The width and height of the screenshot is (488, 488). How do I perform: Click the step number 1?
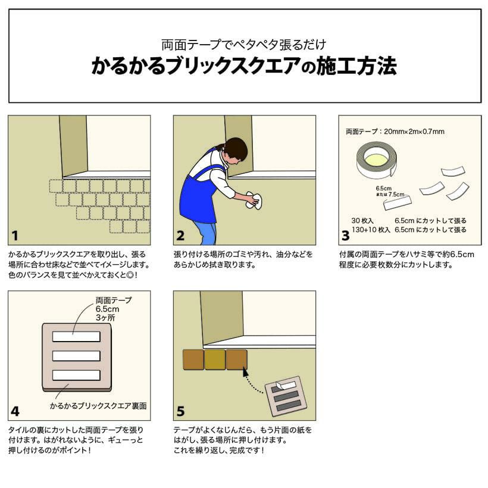coord(15,236)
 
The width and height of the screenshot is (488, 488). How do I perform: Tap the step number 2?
coord(180,236)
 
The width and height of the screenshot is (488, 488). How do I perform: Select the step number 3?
coord(345,236)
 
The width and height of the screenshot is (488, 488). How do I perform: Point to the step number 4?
coord(15,411)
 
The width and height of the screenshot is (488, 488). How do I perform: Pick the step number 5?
coord(180,411)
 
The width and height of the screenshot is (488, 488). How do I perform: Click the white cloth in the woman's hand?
coord(254,201)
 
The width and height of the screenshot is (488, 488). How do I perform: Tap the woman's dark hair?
coord(236,149)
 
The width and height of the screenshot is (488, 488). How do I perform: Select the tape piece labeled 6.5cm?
coord(398,202)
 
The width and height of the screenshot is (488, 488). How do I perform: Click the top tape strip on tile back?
coord(76,336)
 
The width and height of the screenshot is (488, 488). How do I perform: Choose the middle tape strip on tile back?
coord(76,356)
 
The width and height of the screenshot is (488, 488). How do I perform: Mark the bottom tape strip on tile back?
coord(76,375)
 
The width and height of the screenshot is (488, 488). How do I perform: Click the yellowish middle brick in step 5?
coord(215,359)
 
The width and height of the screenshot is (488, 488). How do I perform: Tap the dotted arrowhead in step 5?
coord(246,373)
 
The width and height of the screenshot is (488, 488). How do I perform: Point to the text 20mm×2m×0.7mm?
coord(414,132)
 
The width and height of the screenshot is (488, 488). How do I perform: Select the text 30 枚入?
coord(362,221)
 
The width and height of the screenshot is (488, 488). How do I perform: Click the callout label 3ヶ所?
coord(105,318)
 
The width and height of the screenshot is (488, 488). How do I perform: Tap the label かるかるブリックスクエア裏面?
coord(98,406)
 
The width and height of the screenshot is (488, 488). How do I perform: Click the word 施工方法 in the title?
coord(356,66)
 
